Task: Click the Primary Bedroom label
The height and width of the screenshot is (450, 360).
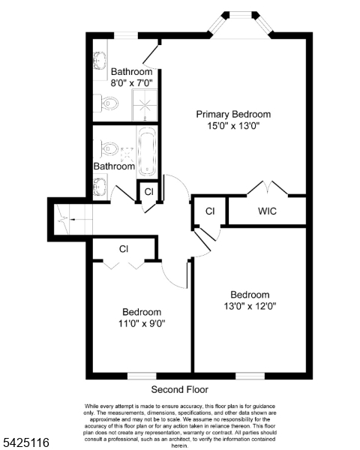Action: pos(233,114)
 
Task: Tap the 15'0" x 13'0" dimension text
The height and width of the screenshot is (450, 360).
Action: pos(233,126)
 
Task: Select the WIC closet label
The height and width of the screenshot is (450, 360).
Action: pos(267,211)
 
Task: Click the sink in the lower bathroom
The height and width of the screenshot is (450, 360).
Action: pos(100,184)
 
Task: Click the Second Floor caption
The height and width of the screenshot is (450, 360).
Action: pos(180,389)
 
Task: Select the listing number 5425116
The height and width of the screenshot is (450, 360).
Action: pos(25,443)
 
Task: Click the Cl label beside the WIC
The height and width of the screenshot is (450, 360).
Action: pos(210,211)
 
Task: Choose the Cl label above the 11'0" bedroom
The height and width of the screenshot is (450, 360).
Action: pos(124,248)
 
